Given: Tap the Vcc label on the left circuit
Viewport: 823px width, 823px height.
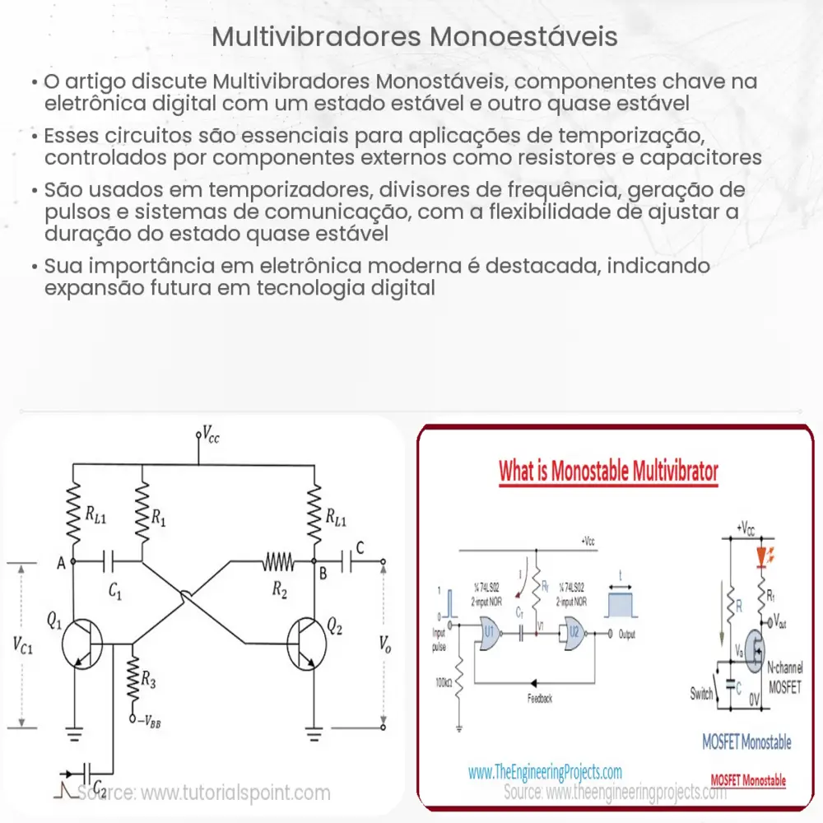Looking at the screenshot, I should pyautogui.click(x=210, y=437).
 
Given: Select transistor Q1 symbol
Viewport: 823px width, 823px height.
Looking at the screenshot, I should pyautogui.click(x=83, y=639).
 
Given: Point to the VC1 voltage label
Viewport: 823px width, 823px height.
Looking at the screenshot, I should pyautogui.click(x=26, y=645).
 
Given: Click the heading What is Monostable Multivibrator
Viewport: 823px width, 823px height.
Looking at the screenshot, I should pyautogui.click(x=608, y=472).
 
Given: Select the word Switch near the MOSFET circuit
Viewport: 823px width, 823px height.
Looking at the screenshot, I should pyautogui.click(x=701, y=695).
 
